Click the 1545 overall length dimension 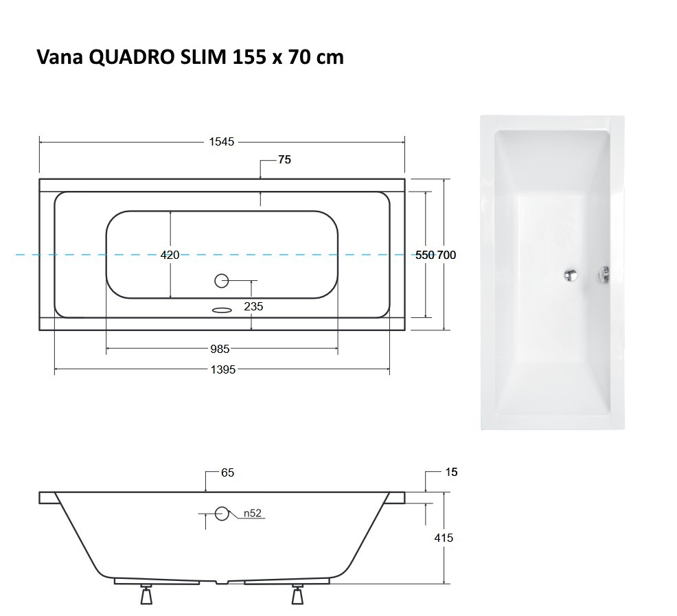tap(221, 142)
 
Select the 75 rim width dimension tap(284, 160)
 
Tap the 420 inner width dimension tap(170, 255)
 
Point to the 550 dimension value tap(425, 255)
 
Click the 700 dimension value tap(446, 255)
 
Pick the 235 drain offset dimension tap(253, 307)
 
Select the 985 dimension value tap(220, 350)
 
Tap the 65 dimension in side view tap(228, 472)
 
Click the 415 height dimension tap(444, 538)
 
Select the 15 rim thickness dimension tap(450, 472)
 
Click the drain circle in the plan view tap(222, 280)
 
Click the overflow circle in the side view tap(222, 513)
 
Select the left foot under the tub tap(146, 595)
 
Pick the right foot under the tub tap(297, 595)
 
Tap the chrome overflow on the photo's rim tap(604, 275)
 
